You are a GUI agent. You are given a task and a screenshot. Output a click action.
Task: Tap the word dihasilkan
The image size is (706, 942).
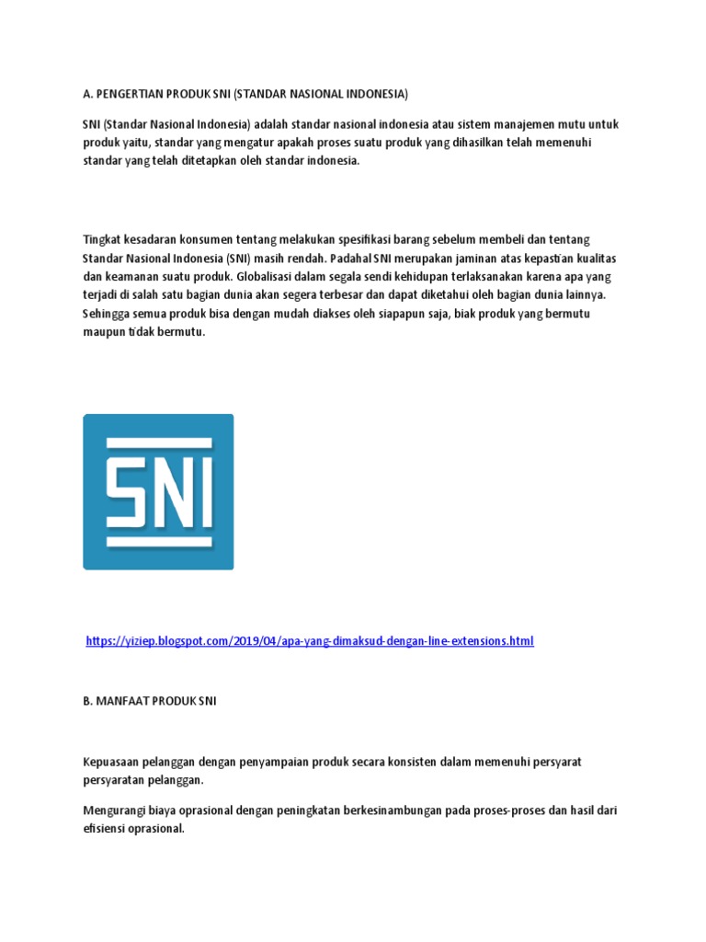click(496, 142)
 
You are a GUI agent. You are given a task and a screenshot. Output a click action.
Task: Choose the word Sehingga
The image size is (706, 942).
click(106, 314)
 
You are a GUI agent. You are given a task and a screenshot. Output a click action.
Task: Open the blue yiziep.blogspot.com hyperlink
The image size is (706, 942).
click(309, 641)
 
